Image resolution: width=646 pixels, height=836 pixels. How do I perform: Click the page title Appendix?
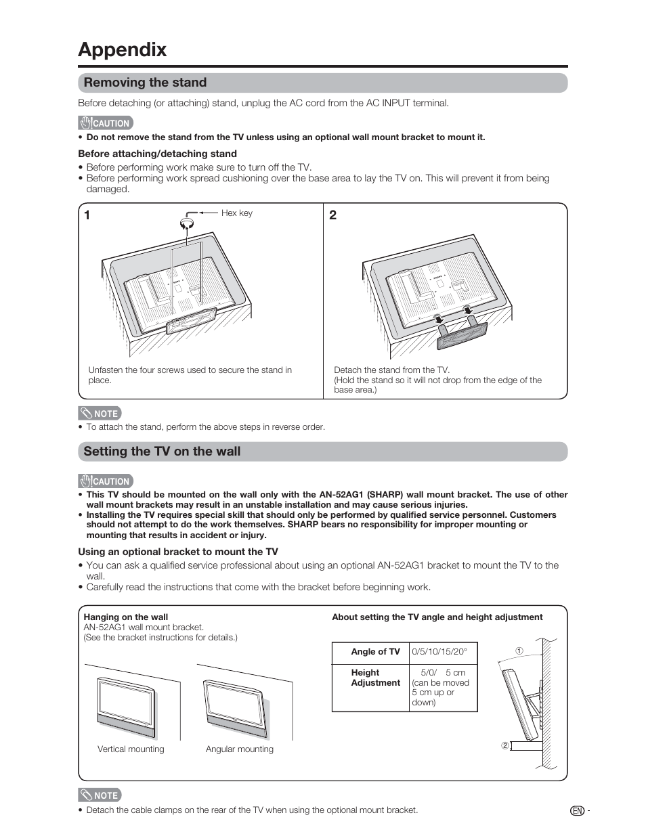click(122, 49)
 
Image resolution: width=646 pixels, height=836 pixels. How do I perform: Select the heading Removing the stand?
click(145, 83)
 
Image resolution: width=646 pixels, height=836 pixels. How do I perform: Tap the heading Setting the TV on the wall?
click(162, 452)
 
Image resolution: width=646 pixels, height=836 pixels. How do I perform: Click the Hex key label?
click(236, 213)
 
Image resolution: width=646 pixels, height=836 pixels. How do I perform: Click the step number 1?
click(88, 216)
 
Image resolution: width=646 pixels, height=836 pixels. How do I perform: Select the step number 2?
click(332, 216)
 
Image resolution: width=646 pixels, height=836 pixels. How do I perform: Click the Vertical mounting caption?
click(131, 749)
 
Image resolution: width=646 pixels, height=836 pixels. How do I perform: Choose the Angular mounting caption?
click(240, 749)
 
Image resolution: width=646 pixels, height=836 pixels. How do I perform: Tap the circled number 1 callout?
click(519, 651)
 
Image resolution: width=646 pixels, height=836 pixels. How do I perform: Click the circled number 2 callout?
click(504, 746)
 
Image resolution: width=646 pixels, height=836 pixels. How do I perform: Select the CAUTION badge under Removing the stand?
click(106, 123)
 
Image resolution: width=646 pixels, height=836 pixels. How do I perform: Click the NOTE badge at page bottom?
click(100, 795)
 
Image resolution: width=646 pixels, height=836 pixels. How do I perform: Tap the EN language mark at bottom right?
click(576, 811)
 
